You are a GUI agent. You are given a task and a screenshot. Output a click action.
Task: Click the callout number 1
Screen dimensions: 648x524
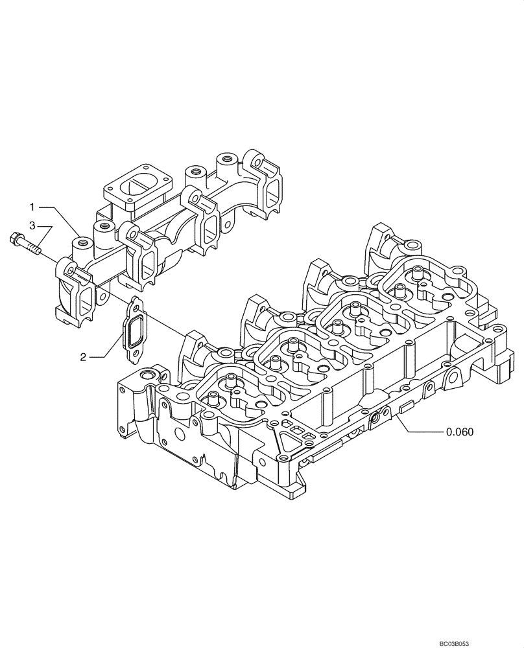(32, 207)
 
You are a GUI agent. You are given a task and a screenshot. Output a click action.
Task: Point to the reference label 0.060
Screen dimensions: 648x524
(462, 432)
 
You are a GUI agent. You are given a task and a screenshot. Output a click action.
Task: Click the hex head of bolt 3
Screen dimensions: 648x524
(15, 240)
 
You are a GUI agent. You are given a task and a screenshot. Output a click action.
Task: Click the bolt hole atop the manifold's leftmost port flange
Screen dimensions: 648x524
(64, 263)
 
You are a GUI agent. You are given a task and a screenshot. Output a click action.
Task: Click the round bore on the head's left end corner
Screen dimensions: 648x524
(145, 376)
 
